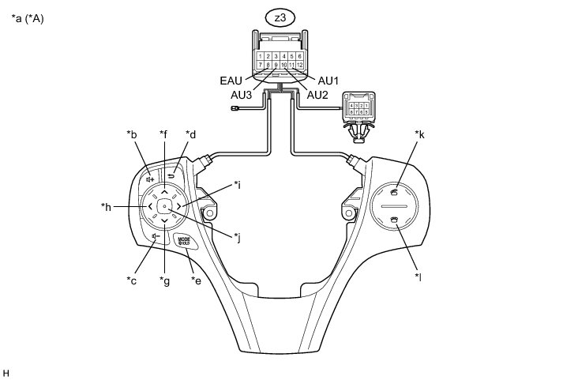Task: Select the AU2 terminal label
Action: coord(317,95)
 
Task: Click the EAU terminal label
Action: coord(231,80)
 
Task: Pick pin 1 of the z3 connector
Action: coord(261,57)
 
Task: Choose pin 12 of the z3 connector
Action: coord(300,65)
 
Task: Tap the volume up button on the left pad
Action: coord(148,179)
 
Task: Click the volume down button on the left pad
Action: coord(155,235)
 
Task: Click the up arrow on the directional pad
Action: coord(163,192)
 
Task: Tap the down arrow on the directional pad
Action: coord(163,220)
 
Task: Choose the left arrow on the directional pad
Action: coord(149,206)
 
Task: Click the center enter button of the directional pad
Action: coord(163,206)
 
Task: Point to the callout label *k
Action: coord(419,135)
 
